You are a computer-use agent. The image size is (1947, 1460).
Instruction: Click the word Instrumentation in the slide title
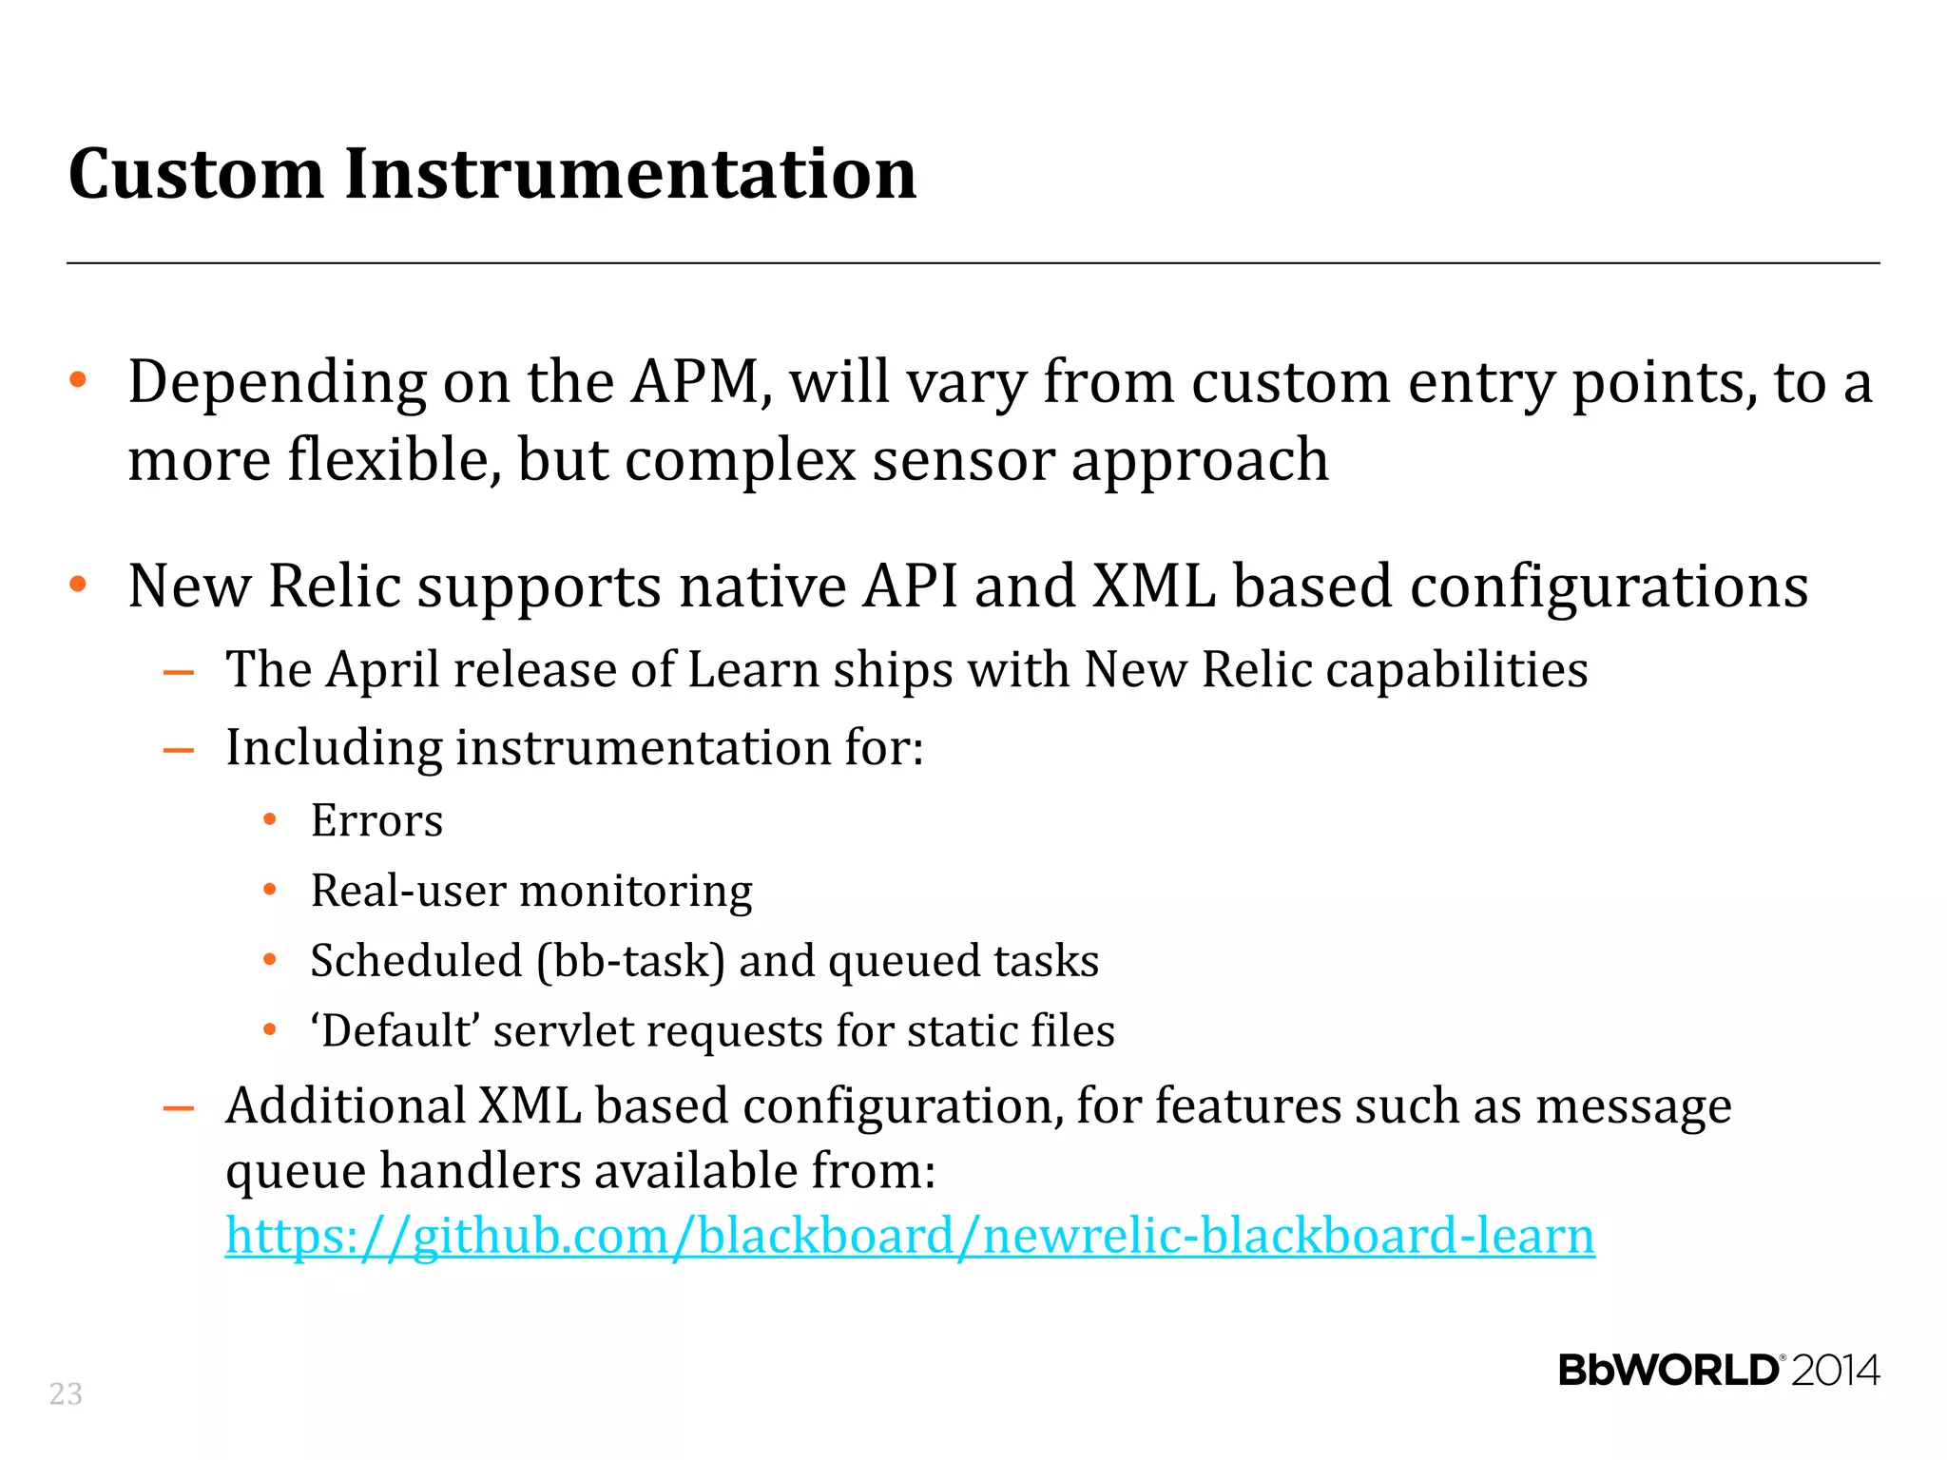point(630,174)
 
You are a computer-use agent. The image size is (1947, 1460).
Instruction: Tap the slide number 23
point(66,1393)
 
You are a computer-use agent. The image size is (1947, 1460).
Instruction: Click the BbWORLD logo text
point(1668,1371)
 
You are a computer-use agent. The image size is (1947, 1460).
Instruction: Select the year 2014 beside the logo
point(1835,1371)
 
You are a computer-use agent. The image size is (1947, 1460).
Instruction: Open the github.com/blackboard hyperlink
point(910,1236)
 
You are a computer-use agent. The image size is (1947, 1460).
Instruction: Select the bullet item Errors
point(376,820)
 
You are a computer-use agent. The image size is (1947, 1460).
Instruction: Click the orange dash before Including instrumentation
point(179,750)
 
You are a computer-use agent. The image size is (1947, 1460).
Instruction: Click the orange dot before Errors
point(270,819)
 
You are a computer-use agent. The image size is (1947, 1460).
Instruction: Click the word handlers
point(479,1171)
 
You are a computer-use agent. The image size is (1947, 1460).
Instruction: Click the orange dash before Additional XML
point(179,1108)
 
